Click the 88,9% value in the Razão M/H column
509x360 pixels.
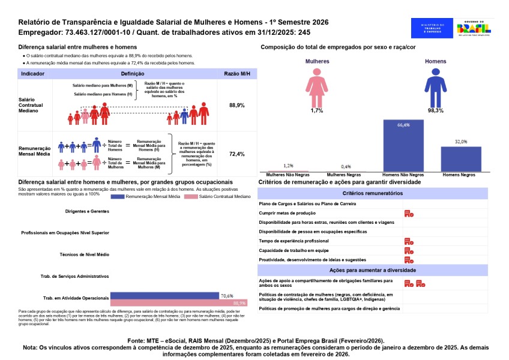point(237,105)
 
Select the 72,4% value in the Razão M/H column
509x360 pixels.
point(237,154)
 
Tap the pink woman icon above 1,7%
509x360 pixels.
point(317,86)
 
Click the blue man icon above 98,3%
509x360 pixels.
point(435,86)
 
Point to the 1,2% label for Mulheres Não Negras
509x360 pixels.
point(288,165)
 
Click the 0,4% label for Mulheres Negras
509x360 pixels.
point(346,166)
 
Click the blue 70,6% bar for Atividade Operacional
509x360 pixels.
point(164,296)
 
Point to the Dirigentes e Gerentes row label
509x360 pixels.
point(86,211)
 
